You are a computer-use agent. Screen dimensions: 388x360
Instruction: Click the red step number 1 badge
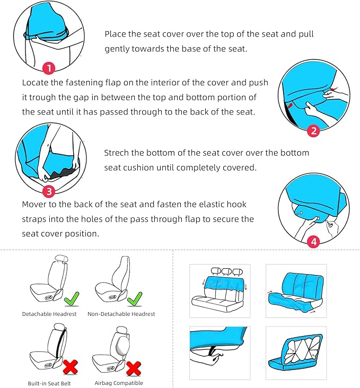(49, 68)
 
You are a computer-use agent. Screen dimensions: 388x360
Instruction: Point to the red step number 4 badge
(313, 242)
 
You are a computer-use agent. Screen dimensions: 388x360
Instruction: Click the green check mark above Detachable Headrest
(71, 300)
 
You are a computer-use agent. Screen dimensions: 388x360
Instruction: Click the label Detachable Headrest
(49, 314)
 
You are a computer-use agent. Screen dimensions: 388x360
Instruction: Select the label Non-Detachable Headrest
(121, 314)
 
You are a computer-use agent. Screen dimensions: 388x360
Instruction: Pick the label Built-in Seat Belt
(49, 383)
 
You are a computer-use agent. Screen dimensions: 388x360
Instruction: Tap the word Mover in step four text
(35, 205)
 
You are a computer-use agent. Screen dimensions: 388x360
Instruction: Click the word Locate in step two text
(36, 83)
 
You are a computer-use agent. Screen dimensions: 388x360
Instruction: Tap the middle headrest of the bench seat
(226, 271)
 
